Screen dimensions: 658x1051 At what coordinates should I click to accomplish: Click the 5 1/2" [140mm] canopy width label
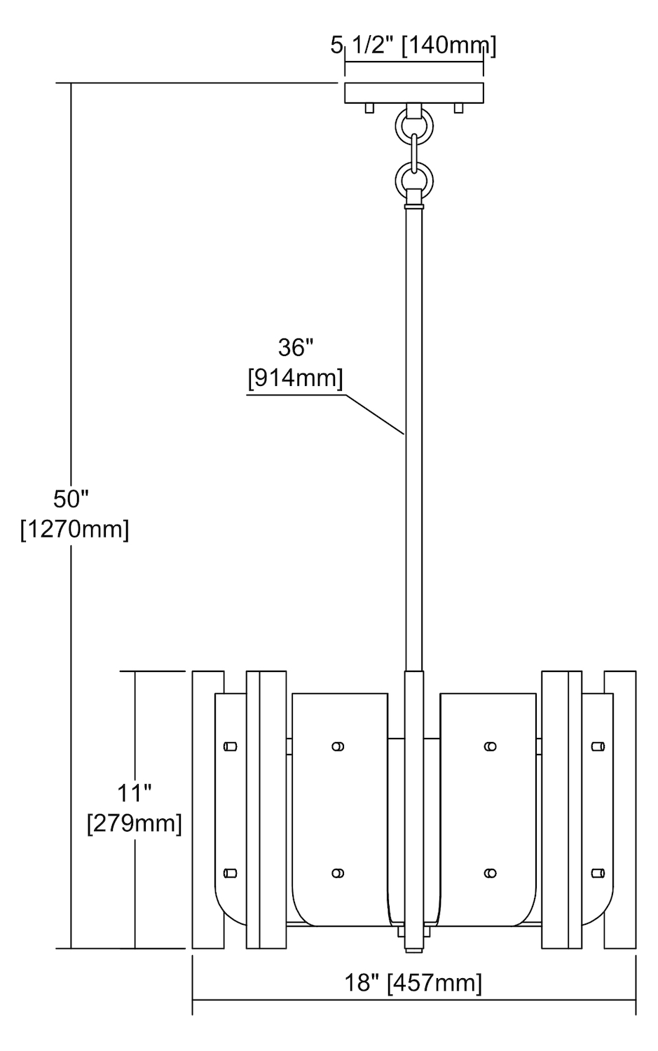(x=413, y=46)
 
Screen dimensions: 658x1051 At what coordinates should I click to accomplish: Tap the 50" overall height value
(x=71, y=499)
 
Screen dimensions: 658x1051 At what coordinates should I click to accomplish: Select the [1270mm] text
(x=74, y=530)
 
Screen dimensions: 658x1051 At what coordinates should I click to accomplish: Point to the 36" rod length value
(x=295, y=348)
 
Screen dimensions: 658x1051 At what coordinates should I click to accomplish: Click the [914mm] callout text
(x=295, y=378)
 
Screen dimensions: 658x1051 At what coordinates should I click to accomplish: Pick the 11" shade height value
(x=135, y=793)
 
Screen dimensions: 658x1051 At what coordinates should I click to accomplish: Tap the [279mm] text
(x=135, y=823)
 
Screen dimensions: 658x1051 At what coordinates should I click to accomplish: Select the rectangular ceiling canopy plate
(x=414, y=93)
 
